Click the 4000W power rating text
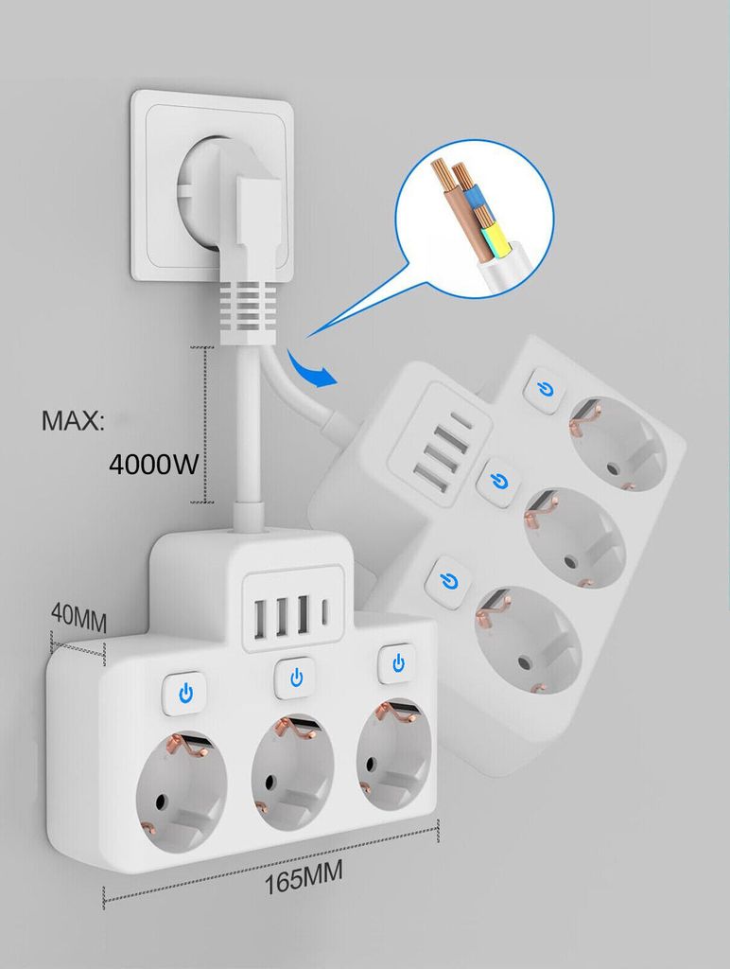point(153,464)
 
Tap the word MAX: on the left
point(73,420)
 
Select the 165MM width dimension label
point(304,878)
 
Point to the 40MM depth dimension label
point(79,619)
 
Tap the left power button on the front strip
point(185,694)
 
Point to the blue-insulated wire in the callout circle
point(474,196)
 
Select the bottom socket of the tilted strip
point(528,643)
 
